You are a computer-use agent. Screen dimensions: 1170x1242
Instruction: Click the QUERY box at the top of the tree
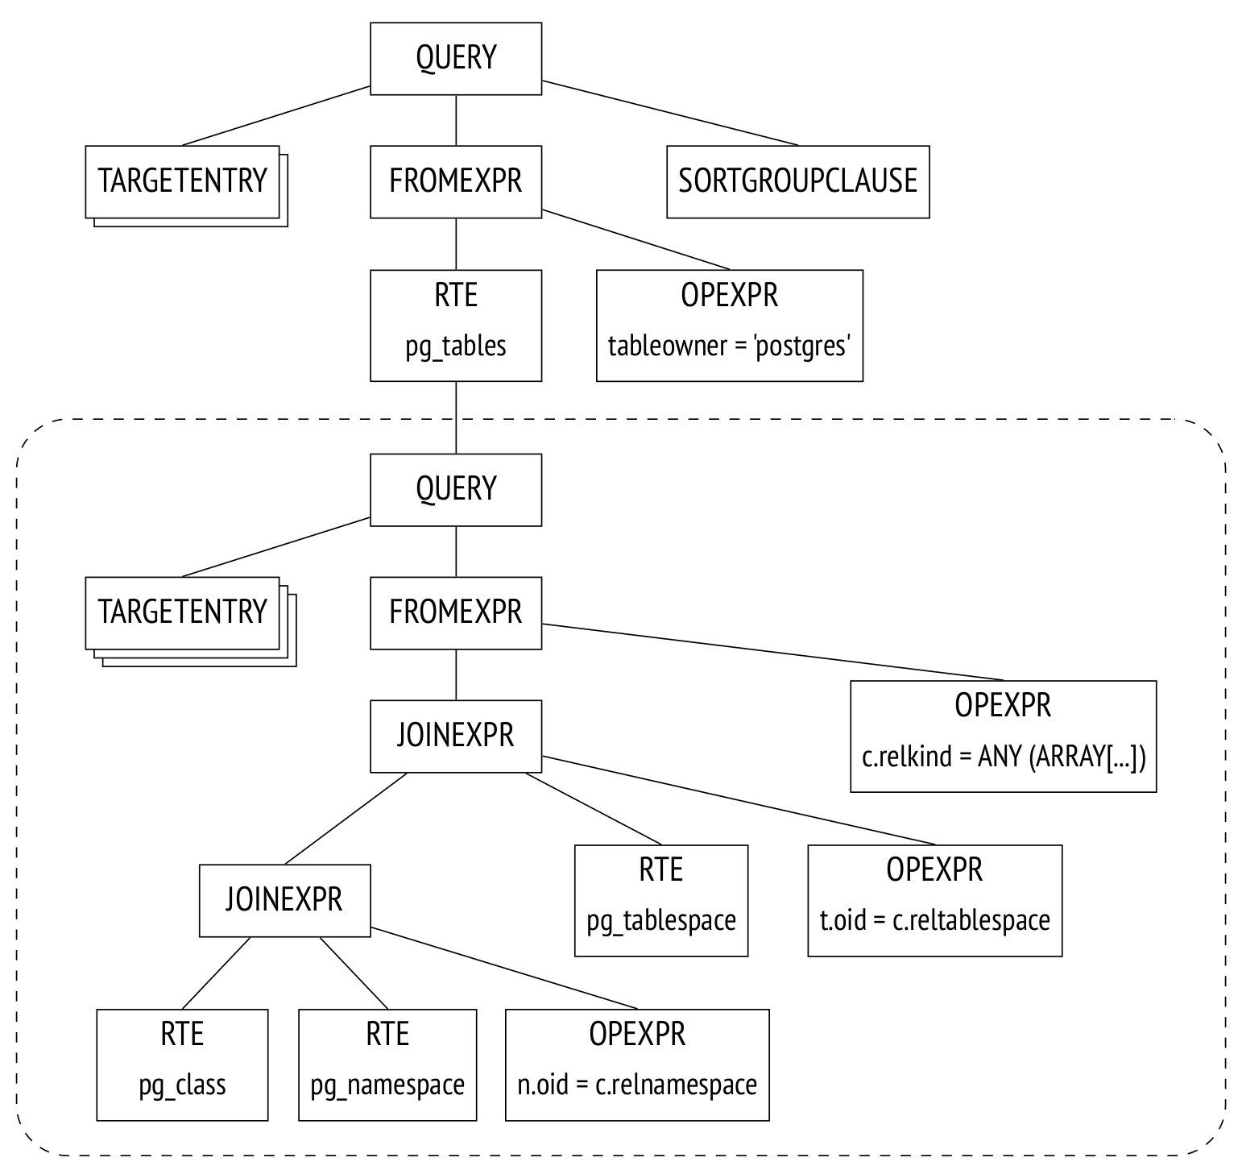tap(456, 59)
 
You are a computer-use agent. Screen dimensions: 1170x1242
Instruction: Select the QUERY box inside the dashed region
tap(456, 490)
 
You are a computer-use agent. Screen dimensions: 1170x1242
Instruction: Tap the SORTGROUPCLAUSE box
tap(797, 181)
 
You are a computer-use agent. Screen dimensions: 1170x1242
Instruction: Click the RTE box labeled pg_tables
tap(456, 326)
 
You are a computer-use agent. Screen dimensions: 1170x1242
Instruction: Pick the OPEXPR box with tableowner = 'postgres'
tap(729, 326)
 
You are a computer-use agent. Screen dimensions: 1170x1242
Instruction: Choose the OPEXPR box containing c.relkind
tap(1003, 736)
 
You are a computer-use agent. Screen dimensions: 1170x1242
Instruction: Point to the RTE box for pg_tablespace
tap(661, 901)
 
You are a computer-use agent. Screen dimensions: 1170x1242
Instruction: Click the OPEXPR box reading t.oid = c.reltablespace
tap(934, 901)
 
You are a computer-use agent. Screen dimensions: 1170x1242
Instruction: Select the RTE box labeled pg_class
tap(182, 1064)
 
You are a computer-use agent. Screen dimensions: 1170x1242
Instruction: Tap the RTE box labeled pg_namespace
tap(387, 1064)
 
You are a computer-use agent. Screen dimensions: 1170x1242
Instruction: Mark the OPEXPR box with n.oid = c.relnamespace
tap(637, 1064)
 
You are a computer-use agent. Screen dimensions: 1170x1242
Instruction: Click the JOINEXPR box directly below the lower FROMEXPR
tap(456, 736)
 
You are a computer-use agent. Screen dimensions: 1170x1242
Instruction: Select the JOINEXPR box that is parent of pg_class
tap(285, 901)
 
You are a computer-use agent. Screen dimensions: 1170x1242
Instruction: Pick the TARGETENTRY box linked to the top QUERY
tap(182, 181)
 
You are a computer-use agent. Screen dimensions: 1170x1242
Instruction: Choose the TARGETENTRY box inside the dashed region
tap(182, 613)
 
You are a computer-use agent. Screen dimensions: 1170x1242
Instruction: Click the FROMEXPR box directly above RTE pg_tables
tap(456, 181)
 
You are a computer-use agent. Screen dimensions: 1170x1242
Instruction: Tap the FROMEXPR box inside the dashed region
tap(456, 613)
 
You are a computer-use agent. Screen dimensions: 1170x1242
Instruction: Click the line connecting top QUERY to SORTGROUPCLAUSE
tap(670, 114)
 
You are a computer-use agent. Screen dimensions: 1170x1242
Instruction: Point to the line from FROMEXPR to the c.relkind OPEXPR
tap(773, 652)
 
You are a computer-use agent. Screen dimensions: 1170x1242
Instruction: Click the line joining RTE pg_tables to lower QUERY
tap(456, 417)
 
